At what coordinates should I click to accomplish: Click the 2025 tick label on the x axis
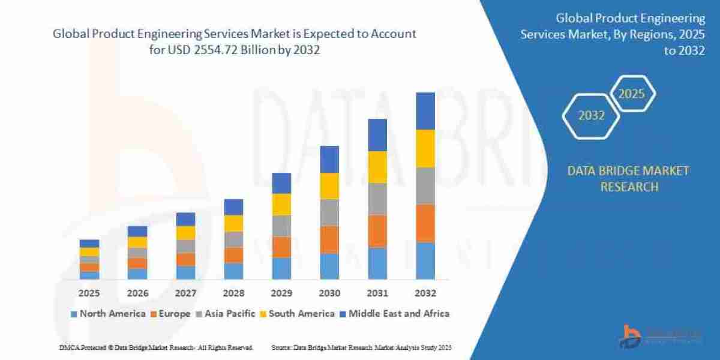pyautogui.click(x=89, y=293)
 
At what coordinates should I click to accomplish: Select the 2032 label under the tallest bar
pyautogui.click(x=425, y=293)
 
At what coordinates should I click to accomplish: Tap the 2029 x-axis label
pyautogui.click(x=281, y=293)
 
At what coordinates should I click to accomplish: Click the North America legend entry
pyautogui.click(x=108, y=313)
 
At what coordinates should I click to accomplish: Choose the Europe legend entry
pyautogui.click(x=170, y=313)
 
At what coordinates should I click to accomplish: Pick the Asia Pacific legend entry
pyautogui.click(x=226, y=313)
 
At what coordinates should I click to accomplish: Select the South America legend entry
pyautogui.click(x=297, y=313)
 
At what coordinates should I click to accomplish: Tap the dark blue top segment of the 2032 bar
pyautogui.click(x=425, y=111)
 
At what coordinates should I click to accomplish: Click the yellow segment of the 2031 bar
pyautogui.click(x=377, y=167)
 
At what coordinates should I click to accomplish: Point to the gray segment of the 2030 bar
pyautogui.click(x=329, y=212)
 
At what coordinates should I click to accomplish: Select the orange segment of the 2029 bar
pyautogui.click(x=281, y=247)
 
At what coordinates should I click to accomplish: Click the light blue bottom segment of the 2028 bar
pyautogui.click(x=233, y=271)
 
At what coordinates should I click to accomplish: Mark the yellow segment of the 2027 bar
pyautogui.click(x=185, y=233)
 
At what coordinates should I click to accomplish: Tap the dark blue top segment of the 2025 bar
pyautogui.click(x=89, y=243)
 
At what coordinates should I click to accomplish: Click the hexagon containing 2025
pyautogui.click(x=631, y=94)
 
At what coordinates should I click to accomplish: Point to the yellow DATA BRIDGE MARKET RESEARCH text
pyautogui.click(x=628, y=179)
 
